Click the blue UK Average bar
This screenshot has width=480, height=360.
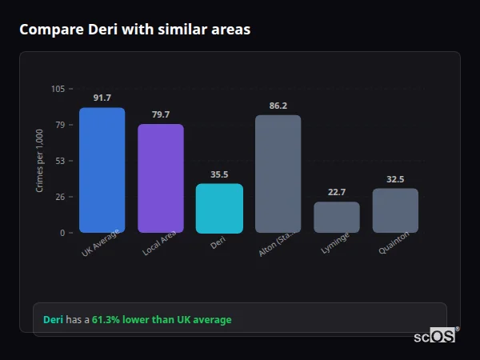pyautogui.click(x=102, y=170)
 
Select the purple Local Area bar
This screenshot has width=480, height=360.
pyautogui.click(x=161, y=178)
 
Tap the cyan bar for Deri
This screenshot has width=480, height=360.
pyautogui.click(x=219, y=208)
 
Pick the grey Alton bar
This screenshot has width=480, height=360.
pyautogui.click(x=278, y=174)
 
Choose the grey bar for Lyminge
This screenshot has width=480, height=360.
pyautogui.click(x=337, y=217)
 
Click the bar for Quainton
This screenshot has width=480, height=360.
pyautogui.click(x=395, y=210)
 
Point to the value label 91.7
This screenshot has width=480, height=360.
pyautogui.click(x=102, y=98)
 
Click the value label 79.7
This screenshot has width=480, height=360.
pyautogui.click(x=161, y=114)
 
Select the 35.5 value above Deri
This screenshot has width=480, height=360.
pyautogui.click(x=219, y=174)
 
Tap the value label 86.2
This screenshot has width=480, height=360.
pyautogui.click(x=278, y=106)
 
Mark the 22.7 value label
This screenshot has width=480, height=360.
pyautogui.click(x=337, y=192)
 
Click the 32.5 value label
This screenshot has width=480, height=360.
pyautogui.click(x=395, y=179)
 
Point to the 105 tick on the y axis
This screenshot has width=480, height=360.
pyautogui.click(x=58, y=89)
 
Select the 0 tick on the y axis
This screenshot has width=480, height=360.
pyautogui.click(x=62, y=233)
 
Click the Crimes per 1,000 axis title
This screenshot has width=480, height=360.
pyautogui.click(x=39, y=161)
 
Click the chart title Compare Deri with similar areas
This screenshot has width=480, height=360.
pyautogui.click(x=134, y=30)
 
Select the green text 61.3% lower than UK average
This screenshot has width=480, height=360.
pyautogui.click(x=161, y=320)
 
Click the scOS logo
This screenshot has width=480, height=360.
pyautogui.click(x=434, y=336)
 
